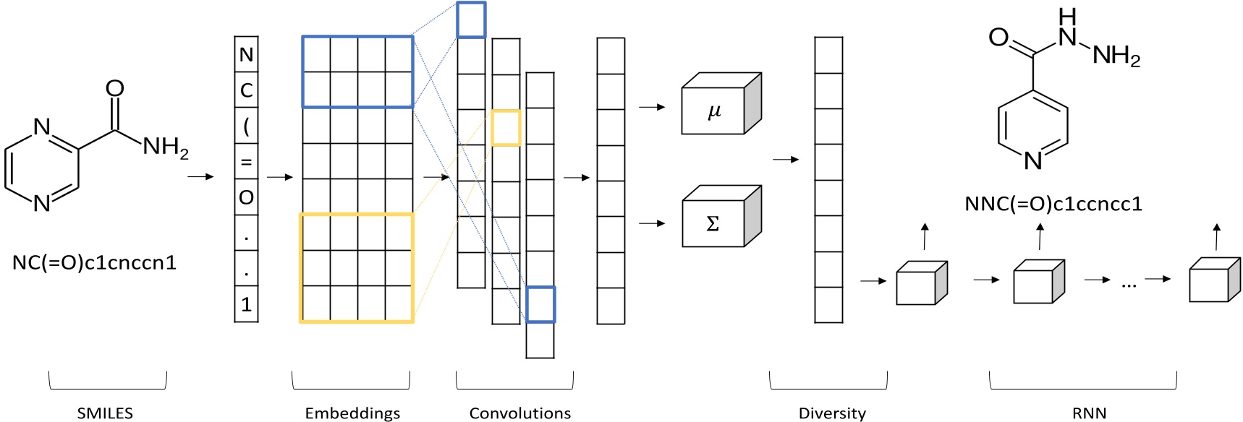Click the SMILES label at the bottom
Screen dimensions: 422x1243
pyautogui.click(x=105, y=413)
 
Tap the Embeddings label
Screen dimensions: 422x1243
pyautogui.click(x=352, y=413)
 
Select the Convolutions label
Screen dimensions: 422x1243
pyautogui.click(x=519, y=413)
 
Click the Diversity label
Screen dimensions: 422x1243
pyautogui.click(x=832, y=413)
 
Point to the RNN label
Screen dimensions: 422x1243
pyautogui.click(x=1089, y=413)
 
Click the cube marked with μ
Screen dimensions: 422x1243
pyautogui.click(x=714, y=111)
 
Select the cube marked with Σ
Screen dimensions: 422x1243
pyautogui.click(x=714, y=223)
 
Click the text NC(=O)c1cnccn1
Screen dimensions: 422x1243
pyautogui.click(x=94, y=262)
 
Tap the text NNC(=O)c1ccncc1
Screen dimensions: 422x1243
pyautogui.click(x=1053, y=204)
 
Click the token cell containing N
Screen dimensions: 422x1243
pyautogui.click(x=246, y=55)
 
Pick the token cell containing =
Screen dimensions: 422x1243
pyautogui.click(x=246, y=162)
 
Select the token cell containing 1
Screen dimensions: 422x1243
pyautogui.click(x=246, y=304)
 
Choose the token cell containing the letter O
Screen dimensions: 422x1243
pyautogui.click(x=246, y=197)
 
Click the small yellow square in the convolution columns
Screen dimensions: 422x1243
pyautogui.click(x=506, y=128)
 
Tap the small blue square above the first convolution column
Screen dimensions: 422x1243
pyautogui.click(x=471, y=20)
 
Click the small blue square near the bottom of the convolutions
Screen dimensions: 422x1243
pyautogui.click(x=540, y=304)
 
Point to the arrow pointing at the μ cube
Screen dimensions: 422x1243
pyautogui.click(x=652, y=107)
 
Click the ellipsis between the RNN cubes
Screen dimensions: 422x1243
pyautogui.click(x=1129, y=285)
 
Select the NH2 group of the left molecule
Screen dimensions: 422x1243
pyautogui.click(x=166, y=147)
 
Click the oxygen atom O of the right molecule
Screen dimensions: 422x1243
pyautogui.click(x=998, y=38)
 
